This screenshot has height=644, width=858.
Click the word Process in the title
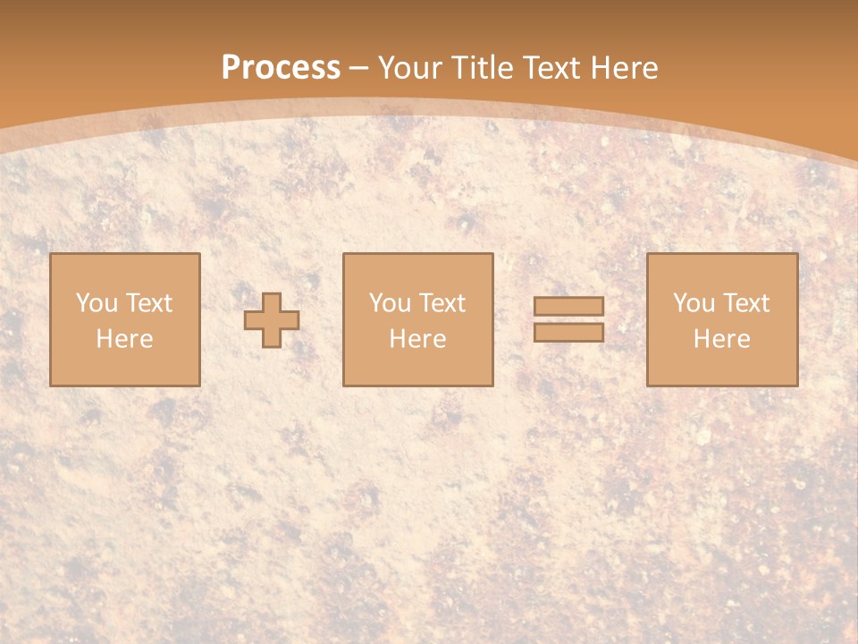click(281, 68)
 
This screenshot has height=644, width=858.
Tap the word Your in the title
click(410, 68)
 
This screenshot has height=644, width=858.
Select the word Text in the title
click(556, 68)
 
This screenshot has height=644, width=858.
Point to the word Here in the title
click(626, 68)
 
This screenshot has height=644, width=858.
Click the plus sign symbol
click(272, 320)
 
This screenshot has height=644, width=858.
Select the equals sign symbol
click(568, 319)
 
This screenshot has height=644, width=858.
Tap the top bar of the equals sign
click(568, 307)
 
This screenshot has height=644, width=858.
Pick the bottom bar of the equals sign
click(568, 332)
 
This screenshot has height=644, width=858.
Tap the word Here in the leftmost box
click(125, 339)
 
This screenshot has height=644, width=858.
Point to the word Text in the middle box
click(442, 303)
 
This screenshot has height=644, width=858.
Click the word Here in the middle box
click(418, 339)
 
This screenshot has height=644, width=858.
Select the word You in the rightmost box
click(694, 303)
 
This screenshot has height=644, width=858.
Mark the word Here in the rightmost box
click(722, 339)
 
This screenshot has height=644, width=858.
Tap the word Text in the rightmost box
click(746, 303)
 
